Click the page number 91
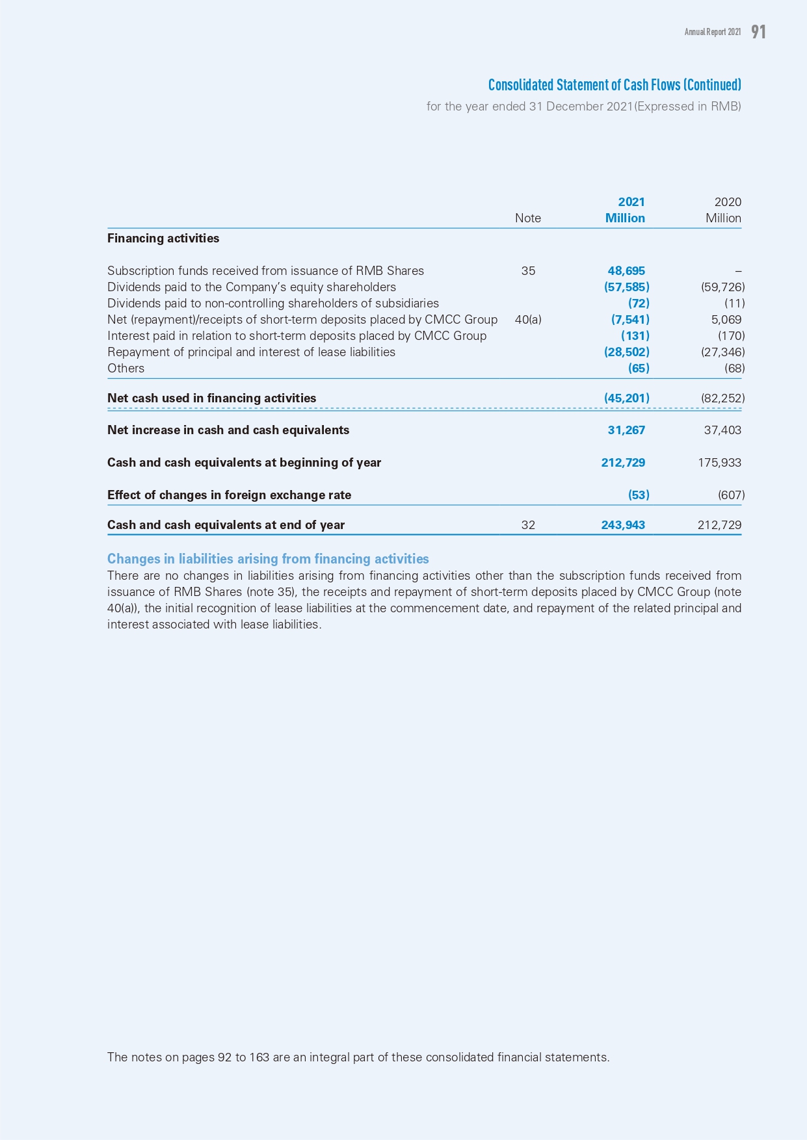758,32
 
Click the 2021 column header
631,202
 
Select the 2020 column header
727,202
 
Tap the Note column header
527,218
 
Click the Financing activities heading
163,239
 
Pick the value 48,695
626,271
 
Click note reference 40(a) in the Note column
527,320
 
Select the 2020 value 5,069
726,320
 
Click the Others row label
126,369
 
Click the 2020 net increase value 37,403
722,430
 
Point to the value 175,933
719,463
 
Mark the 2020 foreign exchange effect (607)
731,495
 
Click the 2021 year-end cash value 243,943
623,525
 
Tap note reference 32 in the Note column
528,525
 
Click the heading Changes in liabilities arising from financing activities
268,559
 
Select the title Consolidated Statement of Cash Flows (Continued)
615,85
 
